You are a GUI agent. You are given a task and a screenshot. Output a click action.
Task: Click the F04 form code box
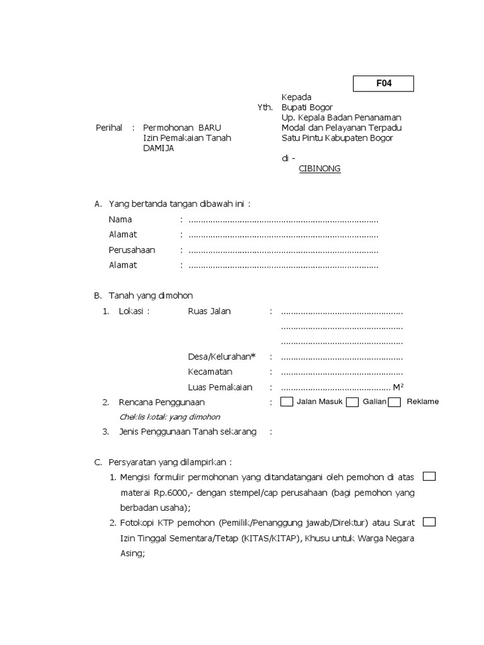click(x=383, y=83)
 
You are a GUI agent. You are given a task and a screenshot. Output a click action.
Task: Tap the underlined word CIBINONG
click(x=320, y=169)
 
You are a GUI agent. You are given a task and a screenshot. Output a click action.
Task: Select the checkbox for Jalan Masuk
click(x=287, y=402)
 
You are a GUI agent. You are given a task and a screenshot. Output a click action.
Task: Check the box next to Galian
click(x=353, y=402)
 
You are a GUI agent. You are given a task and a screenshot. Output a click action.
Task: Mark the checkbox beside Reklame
click(x=395, y=402)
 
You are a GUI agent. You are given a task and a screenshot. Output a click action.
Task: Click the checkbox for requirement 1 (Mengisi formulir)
click(x=429, y=476)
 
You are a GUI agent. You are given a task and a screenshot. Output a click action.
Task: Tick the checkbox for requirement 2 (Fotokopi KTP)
click(x=429, y=522)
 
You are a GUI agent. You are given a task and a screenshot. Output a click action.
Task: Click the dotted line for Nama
click(x=283, y=220)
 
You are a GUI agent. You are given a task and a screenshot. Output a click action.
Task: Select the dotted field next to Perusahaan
click(x=283, y=250)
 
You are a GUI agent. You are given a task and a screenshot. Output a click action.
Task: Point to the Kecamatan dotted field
click(x=342, y=372)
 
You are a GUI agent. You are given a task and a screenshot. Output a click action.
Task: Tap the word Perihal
click(x=109, y=128)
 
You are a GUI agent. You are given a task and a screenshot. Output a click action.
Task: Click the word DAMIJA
click(x=158, y=149)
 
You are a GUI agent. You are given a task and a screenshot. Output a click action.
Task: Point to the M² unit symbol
click(x=398, y=387)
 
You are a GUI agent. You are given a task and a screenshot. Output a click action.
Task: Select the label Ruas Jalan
click(x=209, y=311)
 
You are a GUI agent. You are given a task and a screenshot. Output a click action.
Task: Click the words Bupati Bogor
click(x=307, y=108)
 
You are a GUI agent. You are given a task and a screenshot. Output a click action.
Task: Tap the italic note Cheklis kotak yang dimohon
click(x=170, y=417)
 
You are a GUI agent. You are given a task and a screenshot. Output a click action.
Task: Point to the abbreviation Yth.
click(x=265, y=108)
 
